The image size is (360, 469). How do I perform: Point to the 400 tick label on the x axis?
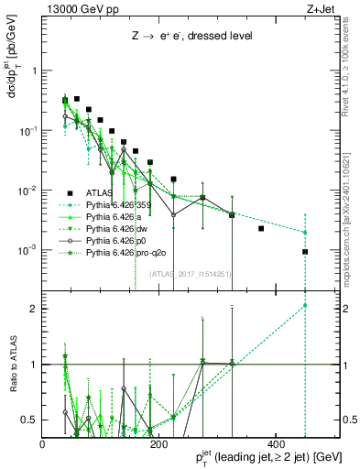click(x=276, y=444)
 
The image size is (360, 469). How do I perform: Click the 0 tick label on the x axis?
click(x=42, y=444)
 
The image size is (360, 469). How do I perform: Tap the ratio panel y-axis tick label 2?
click(x=34, y=308)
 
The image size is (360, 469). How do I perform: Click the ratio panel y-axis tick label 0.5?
click(x=30, y=420)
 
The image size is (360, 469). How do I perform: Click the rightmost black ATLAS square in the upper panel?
click(x=305, y=252)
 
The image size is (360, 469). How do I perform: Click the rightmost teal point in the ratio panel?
click(x=305, y=305)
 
